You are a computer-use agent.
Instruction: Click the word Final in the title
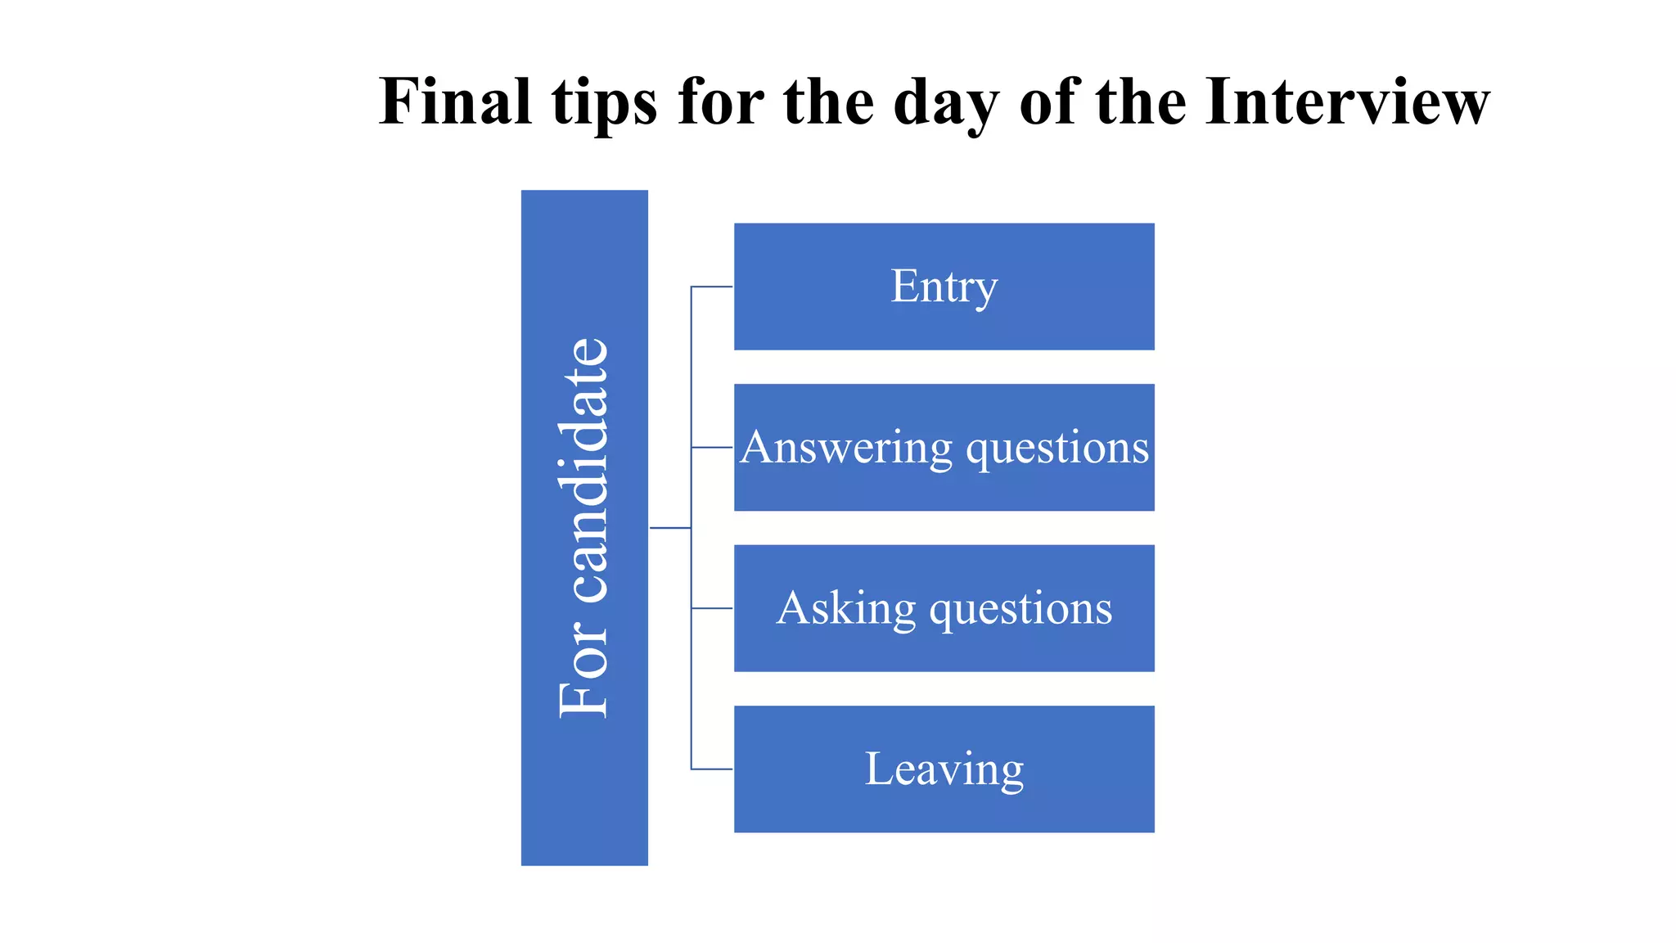[x=455, y=102]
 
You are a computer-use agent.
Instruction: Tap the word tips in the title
[x=604, y=102]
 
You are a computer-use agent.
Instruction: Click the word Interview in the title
[x=1347, y=102]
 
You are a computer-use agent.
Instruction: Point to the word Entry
[x=944, y=287]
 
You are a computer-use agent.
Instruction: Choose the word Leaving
[x=944, y=769]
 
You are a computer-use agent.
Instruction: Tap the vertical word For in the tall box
[x=584, y=671]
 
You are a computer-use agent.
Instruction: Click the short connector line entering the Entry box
[x=712, y=287]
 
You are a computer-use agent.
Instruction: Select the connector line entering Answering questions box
[x=712, y=448]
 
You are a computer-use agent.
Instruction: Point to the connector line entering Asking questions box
[x=712, y=608]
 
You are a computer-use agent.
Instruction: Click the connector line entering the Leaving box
[x=712, y=769]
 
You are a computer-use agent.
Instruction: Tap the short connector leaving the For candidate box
[x=670, y=528]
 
